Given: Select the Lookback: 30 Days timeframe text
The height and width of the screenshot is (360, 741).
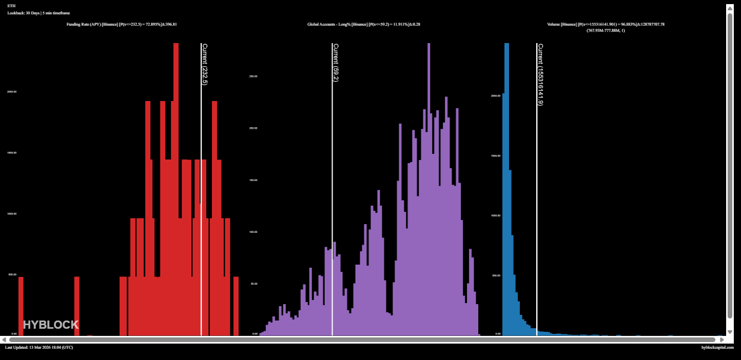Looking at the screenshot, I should point(38,13).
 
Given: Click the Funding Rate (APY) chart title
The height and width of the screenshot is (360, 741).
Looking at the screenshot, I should point(122,24).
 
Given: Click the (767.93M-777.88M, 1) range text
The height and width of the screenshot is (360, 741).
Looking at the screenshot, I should point(606,30).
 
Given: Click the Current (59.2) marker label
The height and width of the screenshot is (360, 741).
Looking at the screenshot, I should point(336,63).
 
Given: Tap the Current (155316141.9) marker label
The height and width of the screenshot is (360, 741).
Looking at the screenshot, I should point(540,74).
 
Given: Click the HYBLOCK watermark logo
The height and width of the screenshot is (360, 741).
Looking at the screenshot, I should point(51,325).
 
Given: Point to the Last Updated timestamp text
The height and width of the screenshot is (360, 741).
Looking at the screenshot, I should point(39,348).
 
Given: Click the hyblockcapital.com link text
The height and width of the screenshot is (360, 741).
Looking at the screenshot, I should point(717,348).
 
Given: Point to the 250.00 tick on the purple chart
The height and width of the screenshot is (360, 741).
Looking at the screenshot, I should point(253,76).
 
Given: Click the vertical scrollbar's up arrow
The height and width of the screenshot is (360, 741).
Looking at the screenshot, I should point(730,8).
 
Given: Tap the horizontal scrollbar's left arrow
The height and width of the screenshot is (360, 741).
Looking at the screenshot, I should point(4,339).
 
